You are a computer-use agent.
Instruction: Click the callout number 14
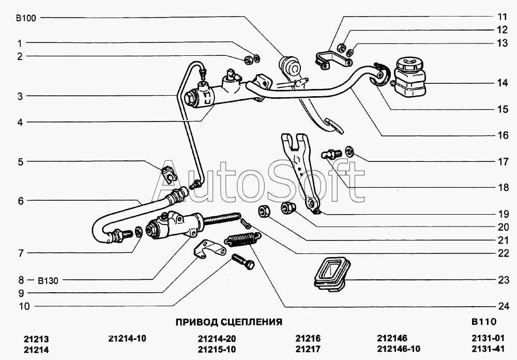coord(503,82)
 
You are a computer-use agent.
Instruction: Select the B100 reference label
coord(26,18)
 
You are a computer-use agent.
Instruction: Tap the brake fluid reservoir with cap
coord(410,78)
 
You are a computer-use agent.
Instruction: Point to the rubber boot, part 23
coord(331,274)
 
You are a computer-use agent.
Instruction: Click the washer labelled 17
coord(349,151)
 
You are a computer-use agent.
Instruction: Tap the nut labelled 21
coord(264,211)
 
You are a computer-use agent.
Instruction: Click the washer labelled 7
coord(139,231)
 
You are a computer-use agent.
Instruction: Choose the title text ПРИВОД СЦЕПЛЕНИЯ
coord(229,322)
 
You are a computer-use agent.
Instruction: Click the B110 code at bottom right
coord(484,321)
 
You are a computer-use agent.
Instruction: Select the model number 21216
coord(308,338)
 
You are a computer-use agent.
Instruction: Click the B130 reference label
coord(48,280)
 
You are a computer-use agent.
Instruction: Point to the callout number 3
coord(21,96)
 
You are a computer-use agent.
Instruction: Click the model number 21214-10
coord(127,338)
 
